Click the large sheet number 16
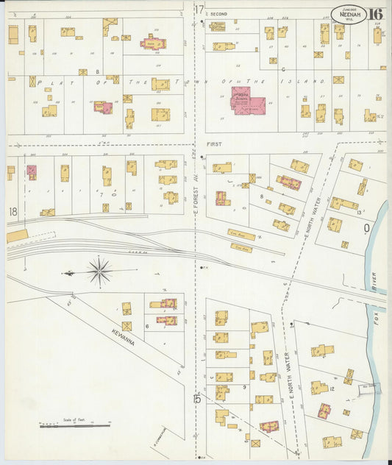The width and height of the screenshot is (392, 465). coord(376,13)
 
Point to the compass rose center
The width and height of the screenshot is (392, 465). coord(99,271)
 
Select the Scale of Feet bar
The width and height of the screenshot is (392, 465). coord(74,425)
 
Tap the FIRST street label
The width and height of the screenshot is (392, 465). coord(214,145)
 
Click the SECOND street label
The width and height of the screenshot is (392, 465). coord(219,14)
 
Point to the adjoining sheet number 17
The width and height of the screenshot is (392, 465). coord(199,9)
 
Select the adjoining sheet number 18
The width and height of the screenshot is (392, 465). coord(13,212)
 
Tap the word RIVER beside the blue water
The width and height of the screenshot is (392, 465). coord(374,283)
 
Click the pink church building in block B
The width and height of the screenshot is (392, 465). coord(154,43)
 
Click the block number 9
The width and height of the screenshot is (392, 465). coord(243,386)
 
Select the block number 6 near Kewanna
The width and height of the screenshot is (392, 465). coord(147,325)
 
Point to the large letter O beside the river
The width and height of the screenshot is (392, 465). coord(366,228)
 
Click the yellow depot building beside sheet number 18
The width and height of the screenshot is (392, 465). coord(17,235)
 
